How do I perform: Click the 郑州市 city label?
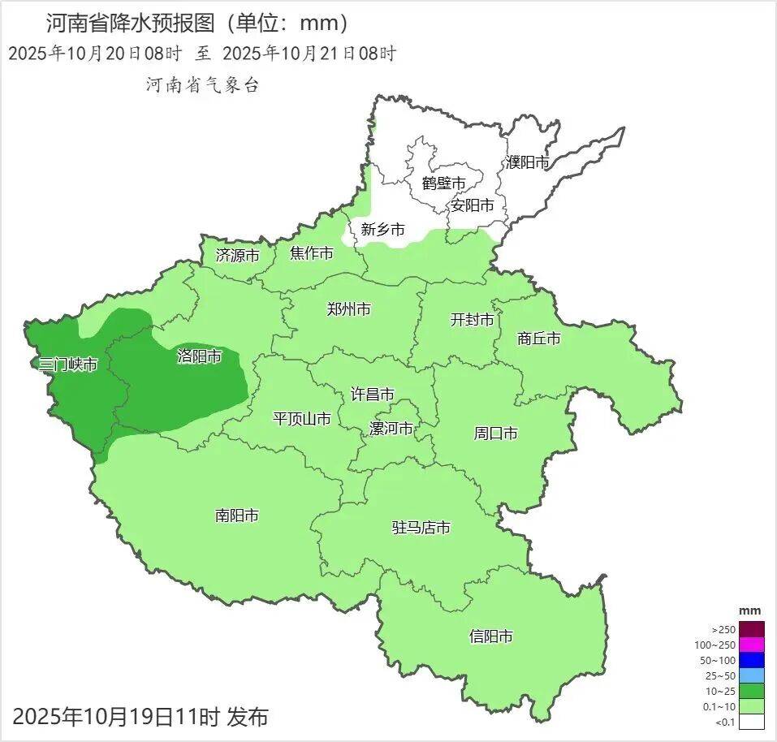pos(349,309)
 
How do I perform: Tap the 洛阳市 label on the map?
pos(199,356)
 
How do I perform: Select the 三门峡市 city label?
pos(68,365)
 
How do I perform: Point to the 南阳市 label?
pos(237,516)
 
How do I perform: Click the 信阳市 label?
pos(491,636)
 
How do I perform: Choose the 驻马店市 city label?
pos(421,528)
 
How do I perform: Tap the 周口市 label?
pos(495,434)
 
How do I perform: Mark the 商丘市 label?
pos(539,339)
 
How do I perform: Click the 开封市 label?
pos(473,320)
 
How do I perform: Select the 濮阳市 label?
pos(528,162)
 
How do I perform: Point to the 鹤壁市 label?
pos(444,183)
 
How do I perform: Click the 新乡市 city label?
pos(382,230)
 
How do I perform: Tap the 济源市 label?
pos(238,255)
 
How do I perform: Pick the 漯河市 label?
pos(391,429)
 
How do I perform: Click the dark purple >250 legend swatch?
pos(752,629)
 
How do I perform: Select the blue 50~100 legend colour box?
pos(752,660)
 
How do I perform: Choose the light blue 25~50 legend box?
pos(752,675)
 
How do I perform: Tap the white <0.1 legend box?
pos(752,722)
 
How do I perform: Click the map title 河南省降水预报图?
pos(131,22)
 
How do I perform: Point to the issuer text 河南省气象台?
pos(202,84)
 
